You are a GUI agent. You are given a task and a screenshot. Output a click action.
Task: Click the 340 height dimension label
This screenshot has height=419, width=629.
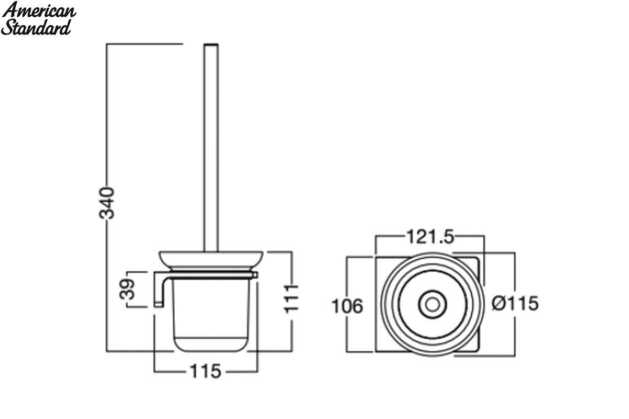pyautogui.click(x=107, y=203)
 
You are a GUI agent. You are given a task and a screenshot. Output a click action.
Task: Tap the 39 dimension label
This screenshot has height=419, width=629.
pyautogui.click(x=127, y=289)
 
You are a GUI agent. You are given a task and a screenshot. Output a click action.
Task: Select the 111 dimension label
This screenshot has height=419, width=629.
pyautogui.click(x=291, y=299)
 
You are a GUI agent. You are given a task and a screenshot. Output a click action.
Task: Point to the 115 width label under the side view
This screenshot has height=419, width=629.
pyautogui.click(x=206, y=371)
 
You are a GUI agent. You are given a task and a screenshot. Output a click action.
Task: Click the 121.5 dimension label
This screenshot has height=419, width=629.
pyautogui.click(x=430, y=237)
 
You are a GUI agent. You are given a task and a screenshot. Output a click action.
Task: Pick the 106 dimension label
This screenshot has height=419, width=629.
pyautogui.click(x=348, y=306)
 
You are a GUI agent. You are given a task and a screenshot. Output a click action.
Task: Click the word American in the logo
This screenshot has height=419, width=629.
pyautogui.click(x=39, y=10)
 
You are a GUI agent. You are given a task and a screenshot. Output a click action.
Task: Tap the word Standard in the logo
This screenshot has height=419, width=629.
pyautogui.click(x=36, y=28)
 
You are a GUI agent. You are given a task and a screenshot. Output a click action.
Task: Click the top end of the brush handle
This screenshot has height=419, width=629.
pyautogui.click(x=211, y=45)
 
